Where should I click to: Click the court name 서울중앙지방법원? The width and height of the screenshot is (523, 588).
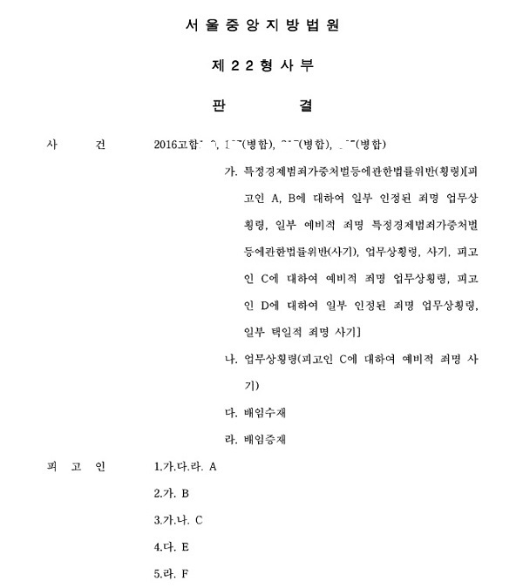point(261,26)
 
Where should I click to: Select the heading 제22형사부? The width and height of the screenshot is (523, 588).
point(261,65)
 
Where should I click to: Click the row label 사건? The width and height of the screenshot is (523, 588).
point(73,145)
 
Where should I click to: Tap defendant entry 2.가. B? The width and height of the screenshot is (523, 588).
point(171,494)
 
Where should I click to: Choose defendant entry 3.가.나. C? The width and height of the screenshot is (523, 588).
point(178,521)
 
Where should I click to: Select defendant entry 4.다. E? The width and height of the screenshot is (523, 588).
point(171,548)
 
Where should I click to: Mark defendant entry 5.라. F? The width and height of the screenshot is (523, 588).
point(171,575)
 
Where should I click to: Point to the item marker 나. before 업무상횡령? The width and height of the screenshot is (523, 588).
point(231,358)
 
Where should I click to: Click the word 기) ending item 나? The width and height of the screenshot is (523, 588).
point(252,385)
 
